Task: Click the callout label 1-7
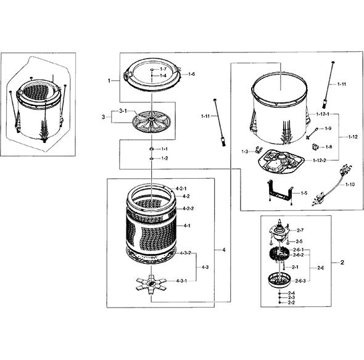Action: tap(163, 69)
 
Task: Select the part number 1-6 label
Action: tap(191, 74)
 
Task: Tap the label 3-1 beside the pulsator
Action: tap(123, 111)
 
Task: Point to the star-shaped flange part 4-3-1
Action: tap(151, 285)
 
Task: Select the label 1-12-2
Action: tap(320, 160)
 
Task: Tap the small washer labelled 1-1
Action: tap(152, 149)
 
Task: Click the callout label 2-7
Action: tap(300, 231)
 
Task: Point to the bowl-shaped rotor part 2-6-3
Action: tap(279, 280)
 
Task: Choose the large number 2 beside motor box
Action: tap(342, 263)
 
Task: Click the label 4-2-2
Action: tap(188, 208)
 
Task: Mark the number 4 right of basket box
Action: tap(224, 250)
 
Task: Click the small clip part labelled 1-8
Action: tap(315, 147)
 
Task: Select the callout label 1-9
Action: tap(328, 128)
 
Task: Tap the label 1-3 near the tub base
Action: tap(245, 152)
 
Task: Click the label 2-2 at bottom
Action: tap(291, 303)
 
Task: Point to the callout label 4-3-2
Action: tap(186, 253)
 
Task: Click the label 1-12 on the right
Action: tap(353, 137)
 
